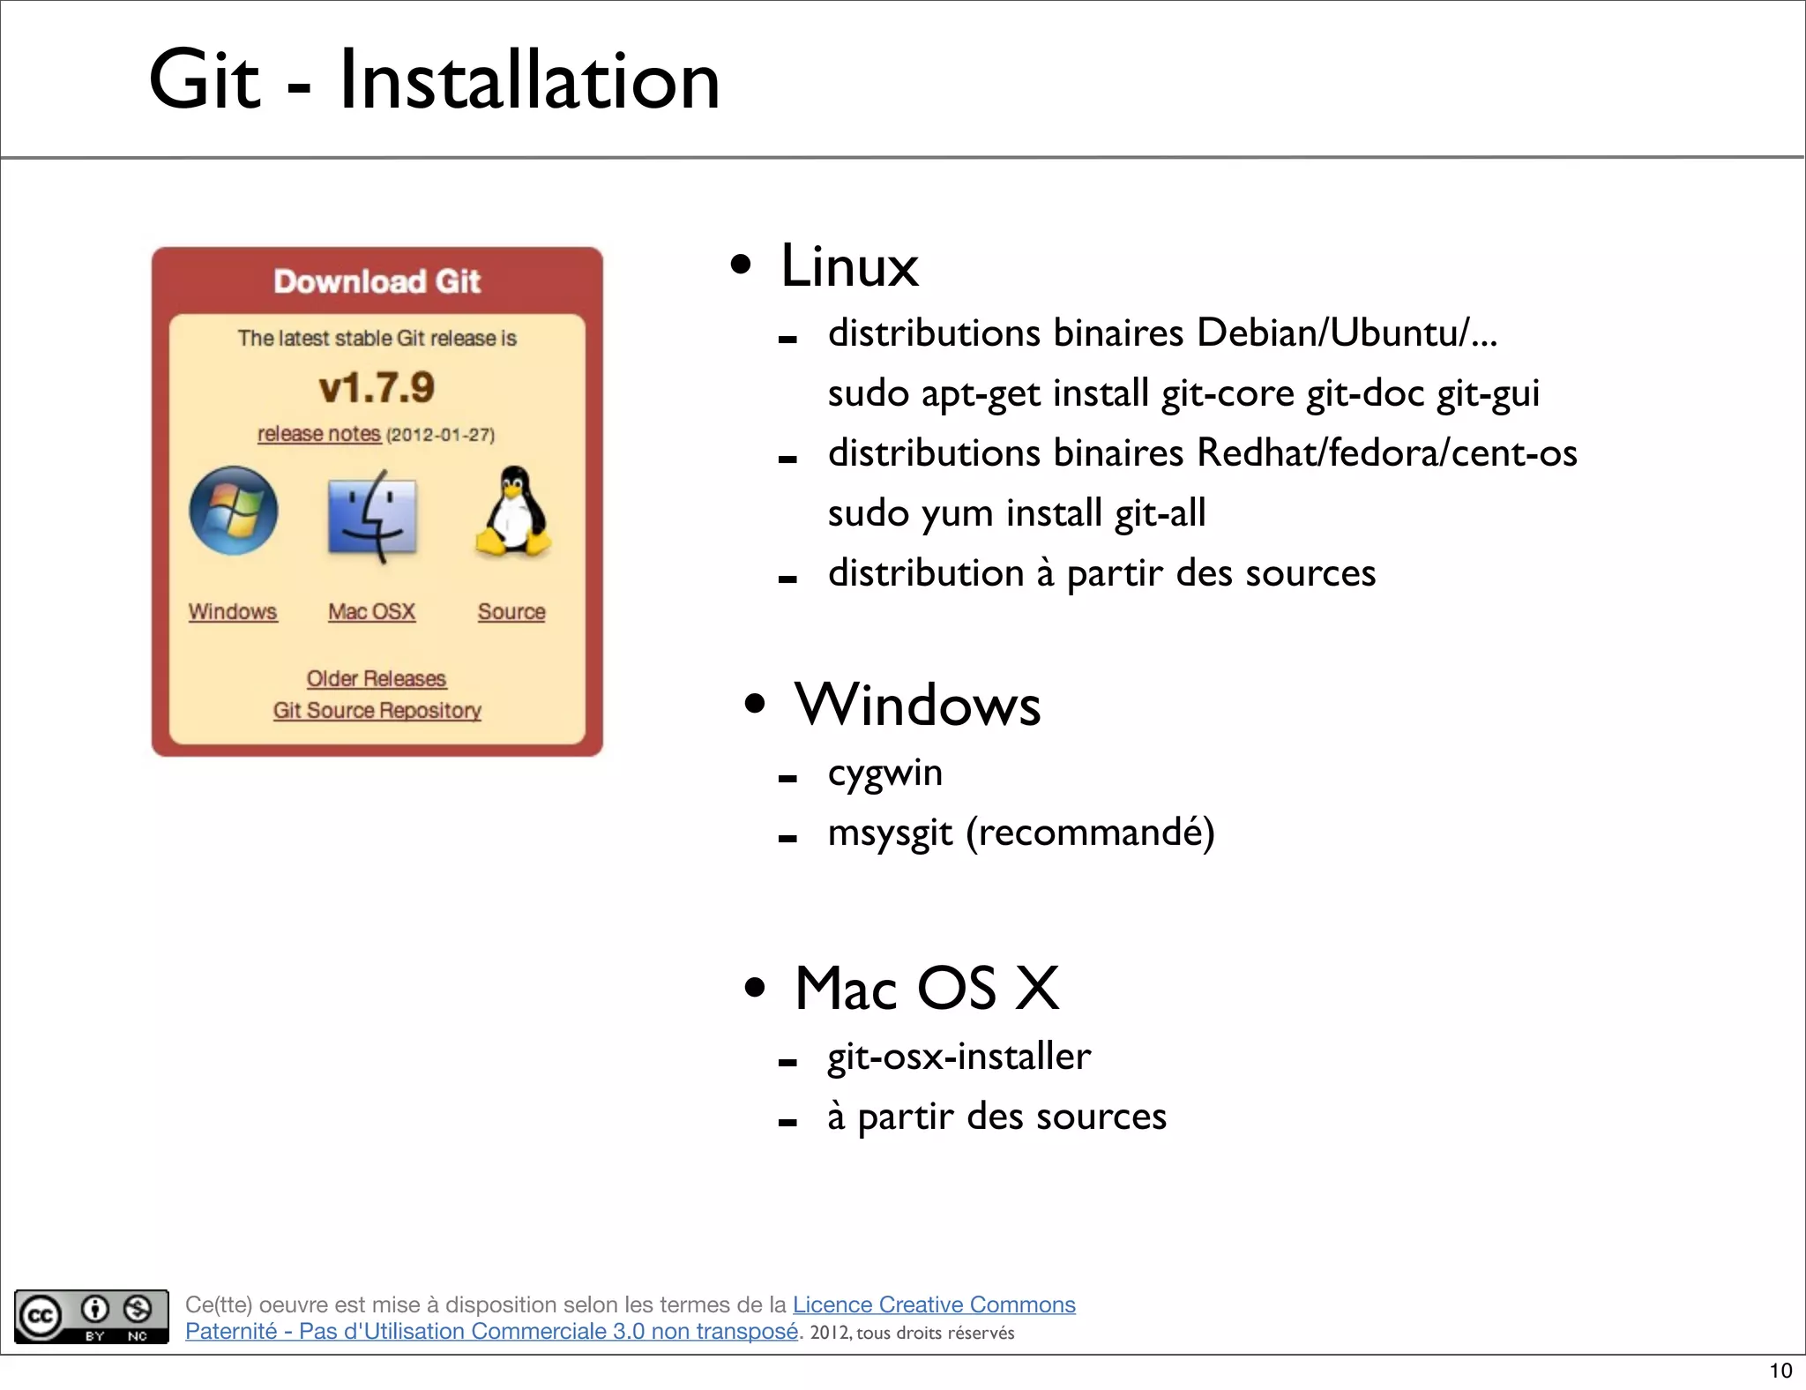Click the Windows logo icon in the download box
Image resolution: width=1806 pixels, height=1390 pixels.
tap(234, 511)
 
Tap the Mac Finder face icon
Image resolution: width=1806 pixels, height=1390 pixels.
tap(372, 516)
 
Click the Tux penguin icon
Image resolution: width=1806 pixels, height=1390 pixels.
tap(513, 512)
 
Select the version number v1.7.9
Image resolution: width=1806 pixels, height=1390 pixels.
tap(377, 388)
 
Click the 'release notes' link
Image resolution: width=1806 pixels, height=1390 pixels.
tap(318, 434)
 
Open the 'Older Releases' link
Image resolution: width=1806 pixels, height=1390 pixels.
tap(377, 678)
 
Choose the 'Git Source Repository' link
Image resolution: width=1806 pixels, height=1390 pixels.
tap(377, 710)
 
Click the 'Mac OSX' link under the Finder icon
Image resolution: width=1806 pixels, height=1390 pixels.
tap(371, 611)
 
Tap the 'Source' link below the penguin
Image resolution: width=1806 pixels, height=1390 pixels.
tap(511, 611)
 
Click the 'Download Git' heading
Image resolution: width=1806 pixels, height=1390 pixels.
tap(377, 281)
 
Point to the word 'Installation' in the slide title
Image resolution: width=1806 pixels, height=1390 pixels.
tap(529, 81)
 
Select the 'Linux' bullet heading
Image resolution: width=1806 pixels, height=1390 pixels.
tap(849, 265)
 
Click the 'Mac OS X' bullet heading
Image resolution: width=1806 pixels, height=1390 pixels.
tap(926, 988)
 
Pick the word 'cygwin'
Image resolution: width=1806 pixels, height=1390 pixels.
tap(884, 773)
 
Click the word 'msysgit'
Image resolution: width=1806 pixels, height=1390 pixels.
tap(890, 833)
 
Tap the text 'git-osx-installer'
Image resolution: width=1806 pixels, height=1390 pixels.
tap(959, 1057)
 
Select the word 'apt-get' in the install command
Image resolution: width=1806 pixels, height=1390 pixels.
tap(980, 394)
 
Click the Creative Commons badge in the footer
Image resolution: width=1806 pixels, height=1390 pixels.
tap(92, 1316)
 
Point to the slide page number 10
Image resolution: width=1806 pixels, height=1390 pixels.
tap(1780, 1371)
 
